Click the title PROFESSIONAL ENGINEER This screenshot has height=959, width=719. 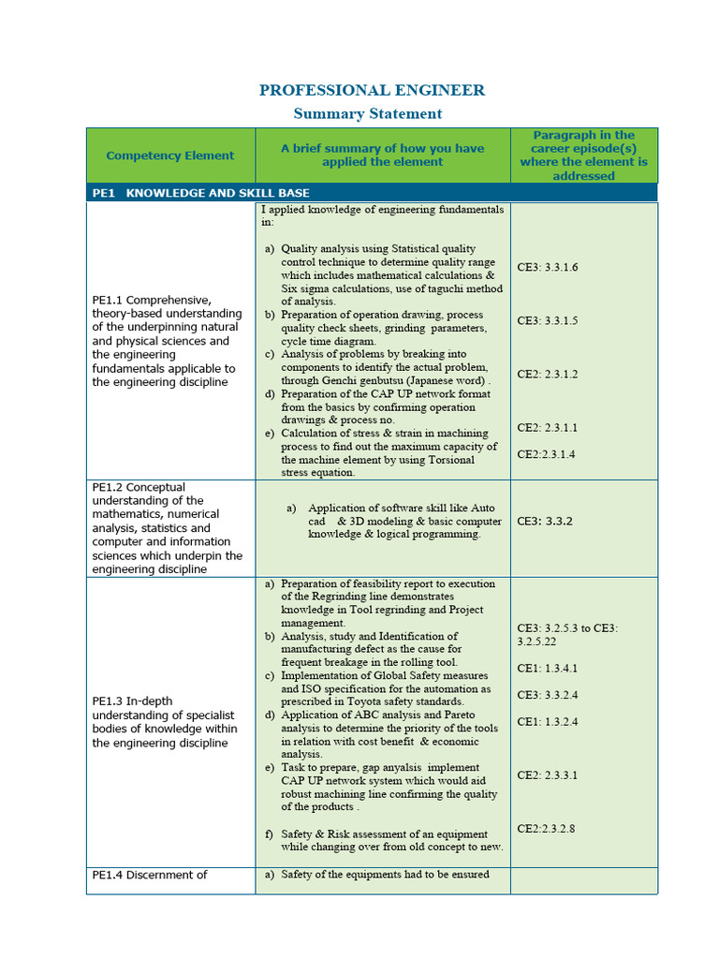(x=372, y=91)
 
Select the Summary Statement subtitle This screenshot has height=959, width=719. (x=367, y=114)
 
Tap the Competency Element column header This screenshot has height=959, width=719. (x=170, y=155)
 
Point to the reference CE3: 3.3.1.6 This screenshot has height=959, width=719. (x=548, y=268)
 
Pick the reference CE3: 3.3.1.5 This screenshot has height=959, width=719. (x=548, y=321)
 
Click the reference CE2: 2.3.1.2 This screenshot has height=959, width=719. (x=548, y=375)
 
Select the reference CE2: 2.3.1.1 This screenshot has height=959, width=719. (x=548, y=428)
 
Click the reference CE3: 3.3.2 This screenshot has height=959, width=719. (x=544, y=521)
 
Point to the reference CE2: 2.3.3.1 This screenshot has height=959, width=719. (x=548, y=775)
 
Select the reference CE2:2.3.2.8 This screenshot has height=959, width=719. (x=546, y=829)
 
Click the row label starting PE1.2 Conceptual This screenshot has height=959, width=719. (x=167, y=528)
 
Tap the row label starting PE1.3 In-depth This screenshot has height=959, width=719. (x=165, y=722)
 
